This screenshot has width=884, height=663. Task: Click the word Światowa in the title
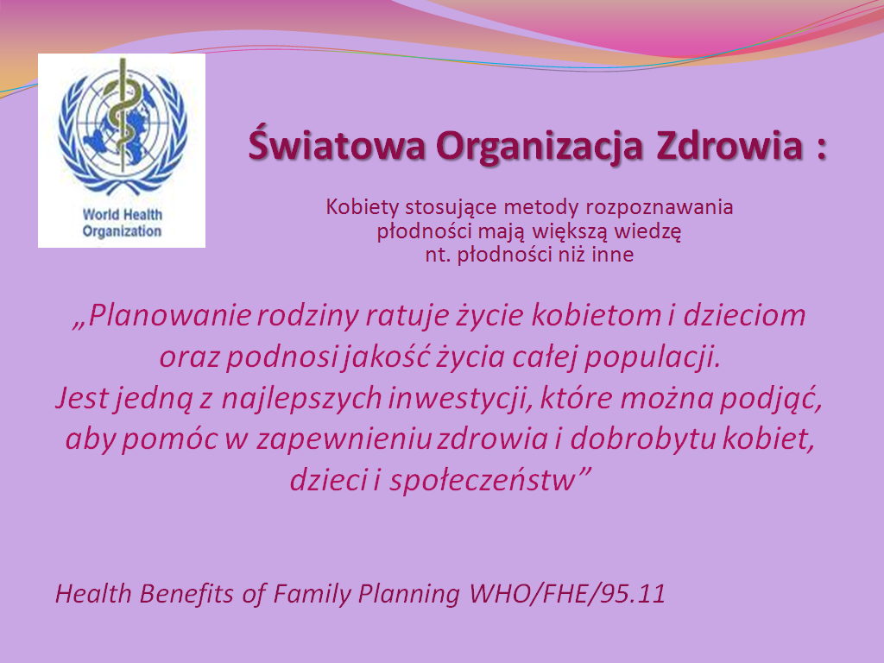pyautogui.click(x=337, y=144)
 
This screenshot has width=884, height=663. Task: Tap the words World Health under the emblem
pyautogui.click(x=123, y=215)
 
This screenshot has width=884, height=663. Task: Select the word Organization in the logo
pyautogui.click(x=122, y=231)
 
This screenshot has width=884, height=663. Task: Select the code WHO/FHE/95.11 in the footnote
pyautogui.click(x=567, y=594)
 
